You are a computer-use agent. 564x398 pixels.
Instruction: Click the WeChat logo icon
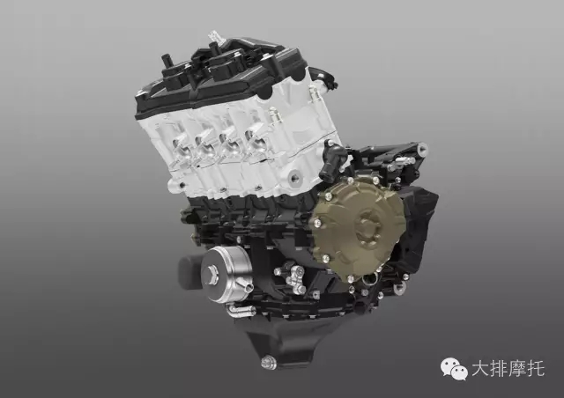(x=454, y=369)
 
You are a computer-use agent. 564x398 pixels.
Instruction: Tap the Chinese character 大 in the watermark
(x=480, y=369)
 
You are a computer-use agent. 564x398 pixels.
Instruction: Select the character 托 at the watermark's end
(x=537, y=369)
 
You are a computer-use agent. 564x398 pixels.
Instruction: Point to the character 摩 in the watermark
(x=517, y=369)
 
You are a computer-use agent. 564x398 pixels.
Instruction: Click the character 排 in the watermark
(x=499, y=369)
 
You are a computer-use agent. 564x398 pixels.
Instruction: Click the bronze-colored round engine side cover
(x=358, y=229)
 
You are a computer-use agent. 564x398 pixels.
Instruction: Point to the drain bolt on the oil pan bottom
(x=268, y=362)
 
